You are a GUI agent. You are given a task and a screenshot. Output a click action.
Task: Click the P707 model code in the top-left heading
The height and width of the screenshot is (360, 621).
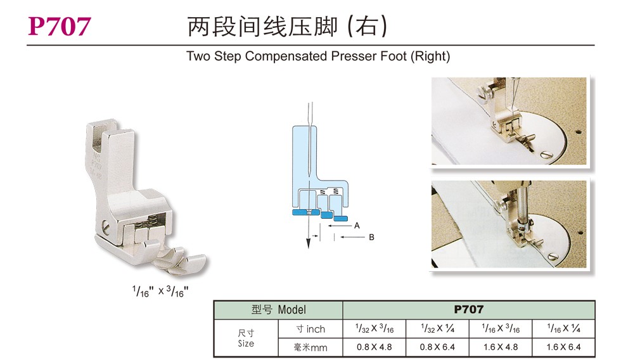pos(60,27)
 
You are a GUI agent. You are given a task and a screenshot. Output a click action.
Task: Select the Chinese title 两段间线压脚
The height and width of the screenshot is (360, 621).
pos(262,27)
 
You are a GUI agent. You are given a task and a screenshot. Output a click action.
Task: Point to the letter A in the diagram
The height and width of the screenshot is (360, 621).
pos(357,226)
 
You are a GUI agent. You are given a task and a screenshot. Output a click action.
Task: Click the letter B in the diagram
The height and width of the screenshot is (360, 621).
pos(371,237)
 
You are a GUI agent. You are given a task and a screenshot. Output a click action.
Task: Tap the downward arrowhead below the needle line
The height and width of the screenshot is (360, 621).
pos(308,243)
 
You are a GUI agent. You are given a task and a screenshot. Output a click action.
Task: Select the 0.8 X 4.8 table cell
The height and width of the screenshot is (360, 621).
pos(375,347)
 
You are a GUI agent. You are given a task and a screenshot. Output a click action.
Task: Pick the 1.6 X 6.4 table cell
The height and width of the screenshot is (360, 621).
pos(563,347)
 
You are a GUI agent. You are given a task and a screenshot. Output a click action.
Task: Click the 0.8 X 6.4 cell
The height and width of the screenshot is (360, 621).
pos(437,347)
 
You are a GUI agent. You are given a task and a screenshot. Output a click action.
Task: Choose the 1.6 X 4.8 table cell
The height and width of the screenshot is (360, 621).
pos(501,347)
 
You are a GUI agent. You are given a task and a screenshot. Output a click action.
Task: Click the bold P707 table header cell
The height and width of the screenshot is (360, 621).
pos(469,310)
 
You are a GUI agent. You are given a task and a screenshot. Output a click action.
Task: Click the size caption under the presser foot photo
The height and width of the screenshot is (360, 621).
pos(160,292)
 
